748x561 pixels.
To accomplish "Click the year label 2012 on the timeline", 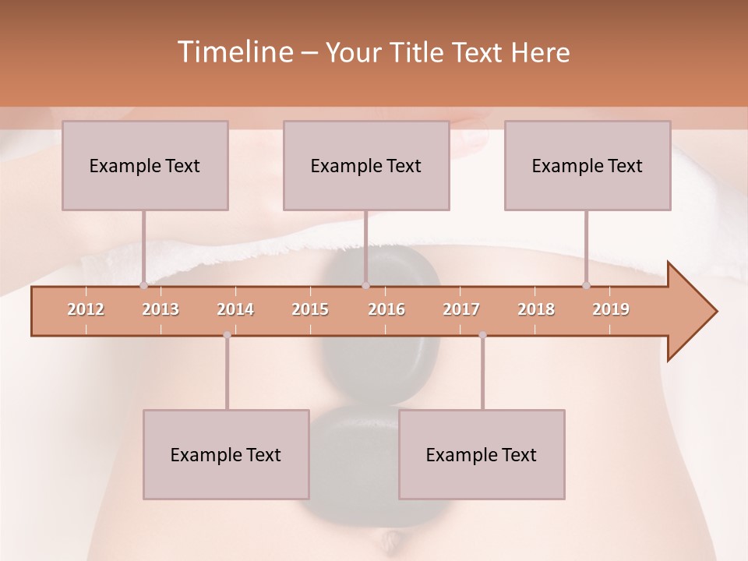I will pos(86,310).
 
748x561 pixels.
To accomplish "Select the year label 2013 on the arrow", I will pos(161,310).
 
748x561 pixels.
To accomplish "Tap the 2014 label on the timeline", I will pos(235,310).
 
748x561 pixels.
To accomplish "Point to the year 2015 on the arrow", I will pos(310,310).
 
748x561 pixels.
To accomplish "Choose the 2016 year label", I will pos(386,310).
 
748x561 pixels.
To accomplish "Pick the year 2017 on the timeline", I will pos(461,310).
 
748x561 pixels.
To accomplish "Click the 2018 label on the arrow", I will pos(536,310).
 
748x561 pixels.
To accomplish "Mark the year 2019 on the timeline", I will pos(611,310).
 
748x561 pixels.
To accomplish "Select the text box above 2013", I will pos(145,165).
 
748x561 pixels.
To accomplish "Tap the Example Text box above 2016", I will pos(366,165).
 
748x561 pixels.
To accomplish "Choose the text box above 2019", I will pos(587,165).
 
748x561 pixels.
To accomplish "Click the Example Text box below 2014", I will pos(226,454).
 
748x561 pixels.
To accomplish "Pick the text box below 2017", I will pos(482,454).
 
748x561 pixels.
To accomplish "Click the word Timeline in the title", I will pos(234,52).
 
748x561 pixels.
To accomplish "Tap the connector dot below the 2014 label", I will pos(227,335).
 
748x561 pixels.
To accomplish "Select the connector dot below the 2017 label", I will pos(482,335).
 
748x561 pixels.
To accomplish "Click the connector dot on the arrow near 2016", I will pos(365,286).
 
